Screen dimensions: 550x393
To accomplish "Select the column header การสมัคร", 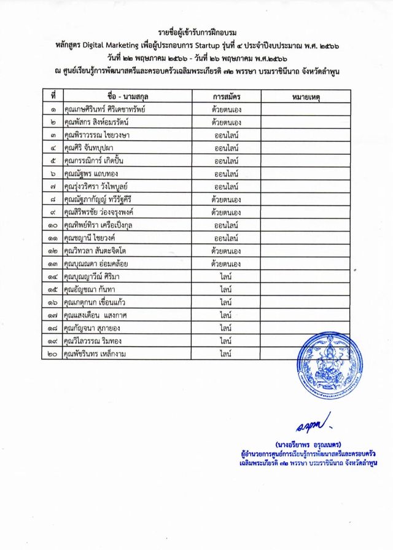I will pos(226,96).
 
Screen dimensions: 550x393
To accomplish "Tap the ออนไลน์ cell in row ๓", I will pos(226,135).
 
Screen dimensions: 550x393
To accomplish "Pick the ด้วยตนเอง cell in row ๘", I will pos(226,200).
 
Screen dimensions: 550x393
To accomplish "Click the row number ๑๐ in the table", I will pos(53,226).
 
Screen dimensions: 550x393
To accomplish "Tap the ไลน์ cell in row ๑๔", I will pos(226,277).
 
